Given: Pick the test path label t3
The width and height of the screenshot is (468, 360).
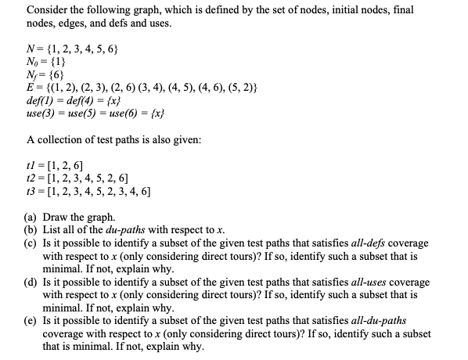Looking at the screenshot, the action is click(x=31, y=190).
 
